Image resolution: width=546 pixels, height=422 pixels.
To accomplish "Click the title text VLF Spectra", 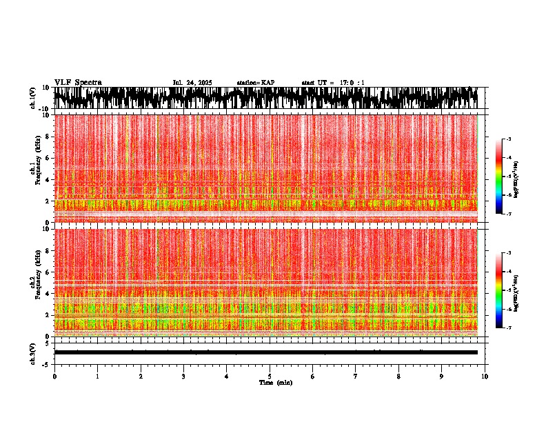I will pos(78,83).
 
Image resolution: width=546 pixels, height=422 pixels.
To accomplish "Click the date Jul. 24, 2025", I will pos(192,83).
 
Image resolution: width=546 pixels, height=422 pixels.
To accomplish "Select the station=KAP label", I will pos(255,83).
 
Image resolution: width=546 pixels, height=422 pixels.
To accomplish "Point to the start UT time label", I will pos(333,83).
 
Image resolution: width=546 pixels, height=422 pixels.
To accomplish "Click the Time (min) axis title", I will pos(274,382).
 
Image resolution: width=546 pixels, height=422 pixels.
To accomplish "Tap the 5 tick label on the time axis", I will pos(270,376).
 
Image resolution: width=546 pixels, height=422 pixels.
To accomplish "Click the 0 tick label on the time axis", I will pos(54,376).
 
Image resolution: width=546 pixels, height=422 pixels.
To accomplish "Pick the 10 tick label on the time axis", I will pos(485,376).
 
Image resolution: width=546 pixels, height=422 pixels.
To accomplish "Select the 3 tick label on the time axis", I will pos(183,376).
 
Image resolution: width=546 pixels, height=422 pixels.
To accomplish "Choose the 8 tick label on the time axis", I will pos(398,376).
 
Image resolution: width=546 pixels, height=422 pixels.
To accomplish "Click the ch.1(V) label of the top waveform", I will pos(32,99).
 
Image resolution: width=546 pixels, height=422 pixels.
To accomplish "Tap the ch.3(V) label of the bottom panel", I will pos(32,352).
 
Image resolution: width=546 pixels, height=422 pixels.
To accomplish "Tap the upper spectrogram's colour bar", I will pos(500,177).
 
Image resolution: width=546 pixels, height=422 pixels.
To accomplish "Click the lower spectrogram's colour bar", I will pos(500,290).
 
